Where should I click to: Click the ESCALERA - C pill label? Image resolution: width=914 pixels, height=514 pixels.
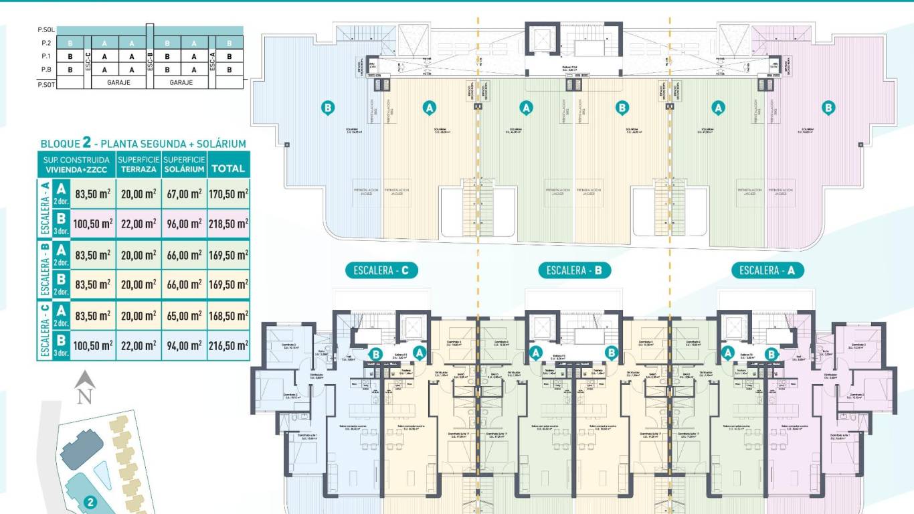(381, 270)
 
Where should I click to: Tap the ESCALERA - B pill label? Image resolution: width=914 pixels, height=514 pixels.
(575, 270)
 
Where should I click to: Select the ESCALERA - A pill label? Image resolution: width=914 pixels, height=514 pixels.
(767, 270)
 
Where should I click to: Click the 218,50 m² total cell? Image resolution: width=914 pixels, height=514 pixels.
(229, 224)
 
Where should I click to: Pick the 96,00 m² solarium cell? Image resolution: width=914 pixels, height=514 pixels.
(183, 224)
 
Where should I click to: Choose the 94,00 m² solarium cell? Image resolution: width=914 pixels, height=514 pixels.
(183, 345)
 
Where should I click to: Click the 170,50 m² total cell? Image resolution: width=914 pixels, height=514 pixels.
(229, 194)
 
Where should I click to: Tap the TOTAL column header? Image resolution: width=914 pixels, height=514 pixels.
(229, 169)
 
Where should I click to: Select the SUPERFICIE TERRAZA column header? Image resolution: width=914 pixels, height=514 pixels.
(138, 164)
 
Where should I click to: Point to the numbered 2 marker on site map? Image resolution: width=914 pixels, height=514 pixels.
(90, 501)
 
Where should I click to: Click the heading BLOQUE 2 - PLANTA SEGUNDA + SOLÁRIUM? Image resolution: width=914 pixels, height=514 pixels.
(143, 143)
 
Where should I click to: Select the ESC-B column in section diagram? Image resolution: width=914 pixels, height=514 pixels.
(150, 63)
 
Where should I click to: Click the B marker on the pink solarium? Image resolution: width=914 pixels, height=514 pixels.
(828, 107)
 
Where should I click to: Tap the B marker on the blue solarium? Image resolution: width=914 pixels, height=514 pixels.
(327, 107)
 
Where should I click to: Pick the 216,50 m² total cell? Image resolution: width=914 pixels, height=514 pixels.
(229, 345)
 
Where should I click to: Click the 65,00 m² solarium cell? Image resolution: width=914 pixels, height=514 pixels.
(183, 315)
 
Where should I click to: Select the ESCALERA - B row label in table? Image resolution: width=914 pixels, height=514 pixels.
(44, 270)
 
